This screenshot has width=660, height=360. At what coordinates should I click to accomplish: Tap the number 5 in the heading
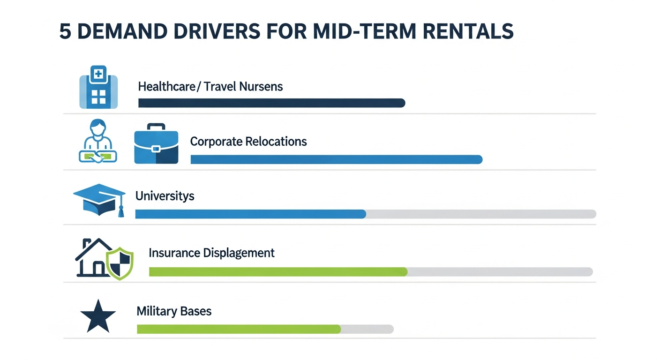pyautogui.click(x=65, y=31)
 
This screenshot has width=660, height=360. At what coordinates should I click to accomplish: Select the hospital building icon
pyautogui.click(x=98, y=87)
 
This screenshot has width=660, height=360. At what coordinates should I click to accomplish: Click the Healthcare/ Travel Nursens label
pyautogui.click(x=210, y=87)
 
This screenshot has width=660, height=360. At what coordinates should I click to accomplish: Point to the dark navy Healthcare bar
pyautogui.click(x=271, y=103)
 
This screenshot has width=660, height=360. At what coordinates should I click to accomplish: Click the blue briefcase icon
pyautogui.click(x=156, y=144)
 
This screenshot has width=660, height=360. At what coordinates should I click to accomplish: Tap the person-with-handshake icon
pyautogui.click(x=97, y=142)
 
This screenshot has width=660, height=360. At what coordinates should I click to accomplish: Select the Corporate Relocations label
pyautogui.click(x=248, y=142)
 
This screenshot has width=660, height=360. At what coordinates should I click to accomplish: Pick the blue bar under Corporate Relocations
pyautogui.click(x=336, y=160)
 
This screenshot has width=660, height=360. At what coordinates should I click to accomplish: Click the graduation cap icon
pyautogui.click(x=100, y=199)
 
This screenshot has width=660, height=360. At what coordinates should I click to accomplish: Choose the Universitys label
pyautogui.click(x=165, y=196)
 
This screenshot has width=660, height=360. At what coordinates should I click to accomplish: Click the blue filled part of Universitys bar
pyautogui.click(x=250, y=214)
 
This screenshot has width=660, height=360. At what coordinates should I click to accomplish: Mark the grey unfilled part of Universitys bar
pyautogui.click(x=480, y=214)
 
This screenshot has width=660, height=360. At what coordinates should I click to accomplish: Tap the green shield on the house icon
pyautogui.click(x=120, y=264)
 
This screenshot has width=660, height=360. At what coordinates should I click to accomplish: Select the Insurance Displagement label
pyautogui.click(x=211, y=253)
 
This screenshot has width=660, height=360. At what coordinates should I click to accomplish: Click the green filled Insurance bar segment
pyautogui.click(x=278, y=272)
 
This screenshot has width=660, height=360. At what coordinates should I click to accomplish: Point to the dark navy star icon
pyautogui.click(x=98, y=316)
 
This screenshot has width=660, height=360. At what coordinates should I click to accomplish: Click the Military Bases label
pyautogui.click(x=174, y=311)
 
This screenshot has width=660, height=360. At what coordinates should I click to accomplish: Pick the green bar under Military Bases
pyautogui.click(x=239, y=330)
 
